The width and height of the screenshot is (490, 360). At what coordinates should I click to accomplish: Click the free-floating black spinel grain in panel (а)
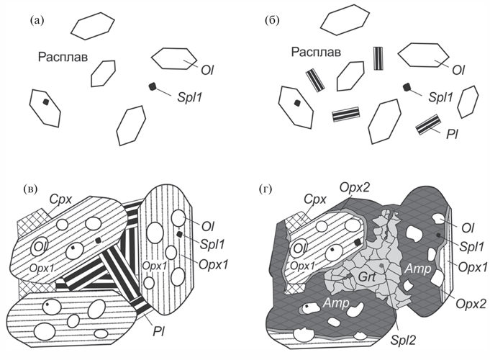point(153,87)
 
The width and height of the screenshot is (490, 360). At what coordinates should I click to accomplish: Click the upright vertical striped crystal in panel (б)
point(378,58)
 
